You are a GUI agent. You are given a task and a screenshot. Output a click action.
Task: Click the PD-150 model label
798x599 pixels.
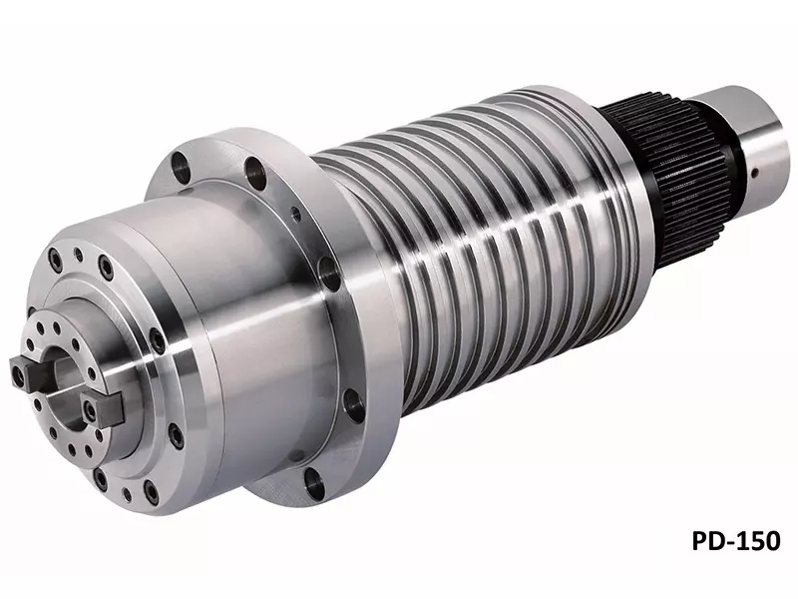tap(735, 540)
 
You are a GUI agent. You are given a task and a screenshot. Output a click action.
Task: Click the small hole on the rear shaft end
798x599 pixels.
tap(755, 173)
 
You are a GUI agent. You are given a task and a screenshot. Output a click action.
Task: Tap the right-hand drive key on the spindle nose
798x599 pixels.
tap(103, 408)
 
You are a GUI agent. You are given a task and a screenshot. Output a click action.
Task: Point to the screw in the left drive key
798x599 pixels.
tap(19, 376)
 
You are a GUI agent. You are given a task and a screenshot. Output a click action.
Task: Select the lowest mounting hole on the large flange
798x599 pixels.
tap(314, 483)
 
